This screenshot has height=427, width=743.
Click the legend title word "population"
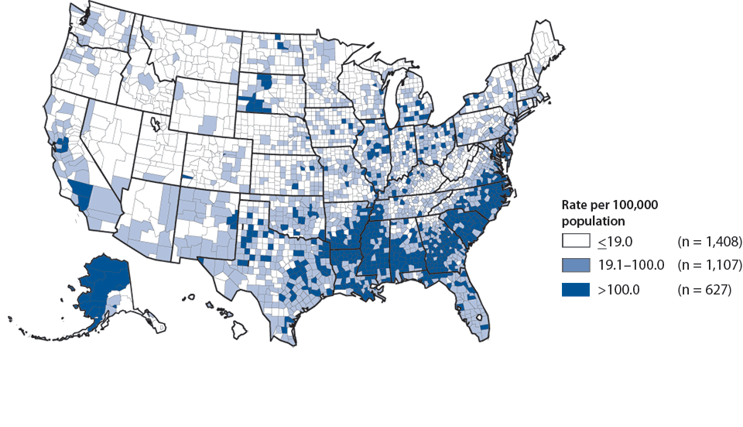coord(593,221)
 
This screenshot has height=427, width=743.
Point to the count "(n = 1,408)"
coord(710,243)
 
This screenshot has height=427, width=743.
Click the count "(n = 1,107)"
coord(710,266)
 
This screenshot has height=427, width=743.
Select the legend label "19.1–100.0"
coord(631,266)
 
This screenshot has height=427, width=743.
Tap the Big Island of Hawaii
coord(239,333)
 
